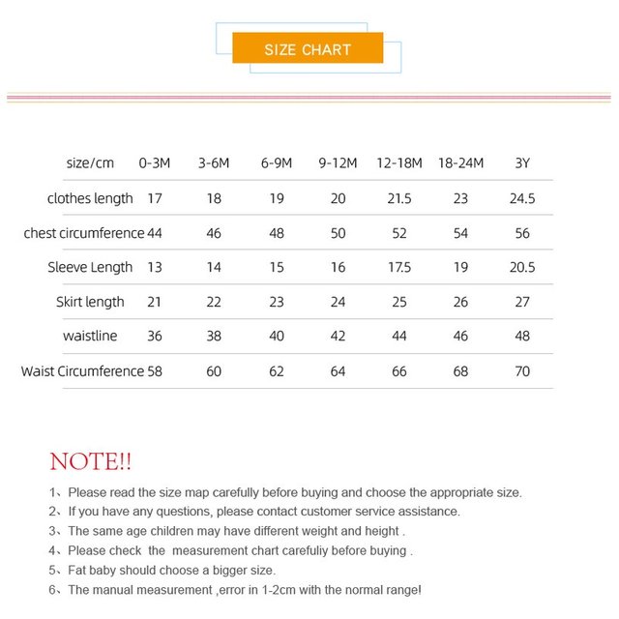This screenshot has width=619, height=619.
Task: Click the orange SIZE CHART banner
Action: click(308, 49)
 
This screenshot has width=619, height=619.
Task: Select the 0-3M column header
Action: click(155, 163)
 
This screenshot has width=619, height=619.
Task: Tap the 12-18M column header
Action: click(399, 163)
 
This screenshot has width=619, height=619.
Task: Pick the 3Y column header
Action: click(522, 163)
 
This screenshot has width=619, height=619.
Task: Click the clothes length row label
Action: click(90, 198)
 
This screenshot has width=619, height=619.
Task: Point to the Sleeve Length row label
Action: click(90, 267)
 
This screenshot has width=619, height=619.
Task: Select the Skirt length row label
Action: click(90, 302)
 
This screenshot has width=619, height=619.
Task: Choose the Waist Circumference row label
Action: click(82, 370)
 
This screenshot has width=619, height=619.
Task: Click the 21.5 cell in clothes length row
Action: click(399, 198)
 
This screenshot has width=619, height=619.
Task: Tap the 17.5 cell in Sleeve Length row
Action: click(399, 267)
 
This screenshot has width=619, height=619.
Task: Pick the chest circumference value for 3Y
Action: click(522, 233)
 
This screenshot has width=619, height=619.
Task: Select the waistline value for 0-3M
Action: click(155, 337)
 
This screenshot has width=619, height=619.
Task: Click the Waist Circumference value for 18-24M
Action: click(460, 370)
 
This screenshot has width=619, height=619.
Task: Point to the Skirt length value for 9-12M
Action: click(338, 302)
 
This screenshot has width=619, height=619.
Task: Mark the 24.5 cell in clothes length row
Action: click(522, 198)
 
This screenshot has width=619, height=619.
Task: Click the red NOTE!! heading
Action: click(91, 461)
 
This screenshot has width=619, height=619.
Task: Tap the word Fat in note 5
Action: click(78, 570)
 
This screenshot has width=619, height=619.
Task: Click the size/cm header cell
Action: click(90, 163)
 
